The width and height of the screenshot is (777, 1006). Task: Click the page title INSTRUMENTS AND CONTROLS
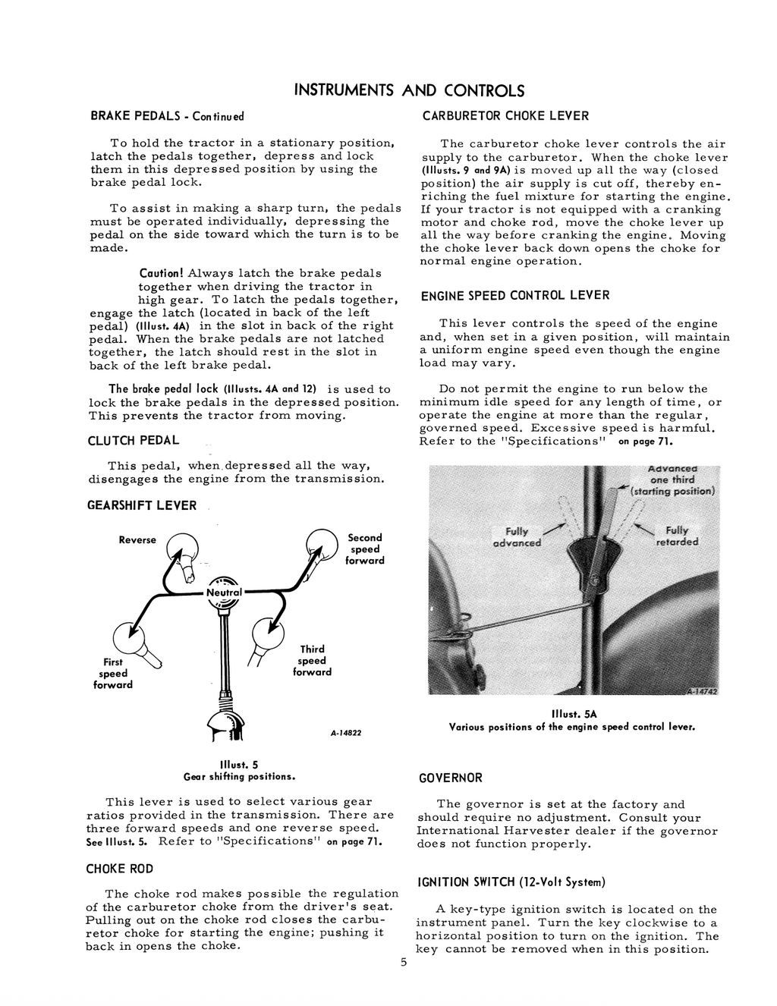(x=408, y=91)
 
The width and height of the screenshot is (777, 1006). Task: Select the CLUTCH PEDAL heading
(x=134, y=440)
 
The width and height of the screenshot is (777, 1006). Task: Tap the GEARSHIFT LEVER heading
(x=143, y=505)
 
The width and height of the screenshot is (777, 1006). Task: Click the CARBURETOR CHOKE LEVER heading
(x=505, y=116)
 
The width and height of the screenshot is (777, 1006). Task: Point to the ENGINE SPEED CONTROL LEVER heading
(x=515, y=295)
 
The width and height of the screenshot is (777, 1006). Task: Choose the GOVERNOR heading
(x=451, y=778)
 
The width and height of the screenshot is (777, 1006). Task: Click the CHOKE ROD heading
(x=119, y=869)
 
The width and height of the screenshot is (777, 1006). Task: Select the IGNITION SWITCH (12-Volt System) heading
(x=511, y=882)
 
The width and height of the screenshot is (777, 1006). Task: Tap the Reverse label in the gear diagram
(x=137, y=539)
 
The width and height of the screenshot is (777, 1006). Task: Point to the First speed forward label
(x=113, y=673)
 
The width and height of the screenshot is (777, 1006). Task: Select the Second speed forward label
(x=365, y=549)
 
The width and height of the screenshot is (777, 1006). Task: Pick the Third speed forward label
(x=312, y=660)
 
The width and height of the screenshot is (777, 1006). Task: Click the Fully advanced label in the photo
(x=517, y=536)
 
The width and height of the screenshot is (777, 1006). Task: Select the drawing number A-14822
(x=346, y=733)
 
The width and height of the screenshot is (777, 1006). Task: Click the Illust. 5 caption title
(x=239, y=765)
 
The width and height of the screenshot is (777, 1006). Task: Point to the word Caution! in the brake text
(x=162, y=273)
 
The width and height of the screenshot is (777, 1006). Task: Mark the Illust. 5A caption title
(x=572, y=714)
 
